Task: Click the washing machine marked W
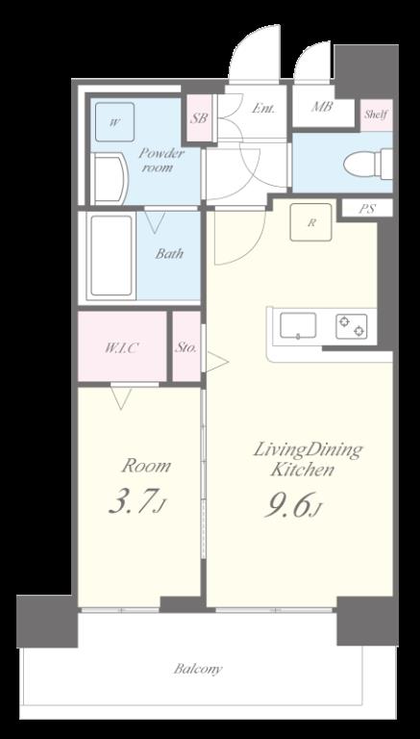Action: pos(114,122)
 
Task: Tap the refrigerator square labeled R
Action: pos(310,222)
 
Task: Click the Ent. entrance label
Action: pos(263,109)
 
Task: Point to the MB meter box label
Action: pos(322,107)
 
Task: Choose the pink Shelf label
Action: pos(376,115)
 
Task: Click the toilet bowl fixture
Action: pos(368,164)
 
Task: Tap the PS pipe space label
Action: pos(367,209)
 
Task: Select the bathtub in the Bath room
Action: pos(111,255)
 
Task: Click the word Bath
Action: pos(169,254)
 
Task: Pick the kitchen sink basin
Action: pos(298,325)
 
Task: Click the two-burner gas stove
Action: pos(351,326)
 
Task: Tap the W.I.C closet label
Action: pos(121,348)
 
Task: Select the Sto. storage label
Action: pos(186,348)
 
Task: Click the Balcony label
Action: pos(198,669)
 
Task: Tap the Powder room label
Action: pos(161,161)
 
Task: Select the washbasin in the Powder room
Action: pos(110,179)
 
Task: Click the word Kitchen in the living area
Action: pos(304,470)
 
